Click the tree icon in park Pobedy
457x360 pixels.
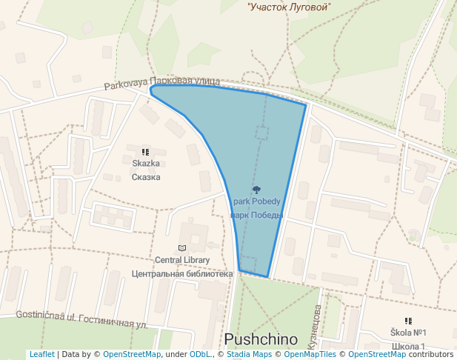[x=256, y=190]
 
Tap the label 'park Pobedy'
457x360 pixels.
[x=256, y=201]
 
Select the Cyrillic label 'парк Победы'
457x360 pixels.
[x=256, y=216]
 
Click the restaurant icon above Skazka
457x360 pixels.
[x=145, y=151]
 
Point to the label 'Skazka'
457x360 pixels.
[x=146, y=164]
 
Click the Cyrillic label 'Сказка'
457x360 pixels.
[x=146, y=177]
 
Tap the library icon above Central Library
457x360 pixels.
[x=182, y=247]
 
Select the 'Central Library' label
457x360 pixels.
[x=182, y=260]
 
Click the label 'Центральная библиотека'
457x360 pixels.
[x=182, y=273]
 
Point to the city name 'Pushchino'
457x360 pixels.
[x=261, y=339]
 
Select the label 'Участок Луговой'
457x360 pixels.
[x=289, y=7]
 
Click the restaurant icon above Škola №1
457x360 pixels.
[x=408, y=321]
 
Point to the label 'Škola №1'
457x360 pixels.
[x=408, y=333]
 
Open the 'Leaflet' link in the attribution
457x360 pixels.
[x=41, y=355]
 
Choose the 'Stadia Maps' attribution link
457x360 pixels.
[x=249, y=355]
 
